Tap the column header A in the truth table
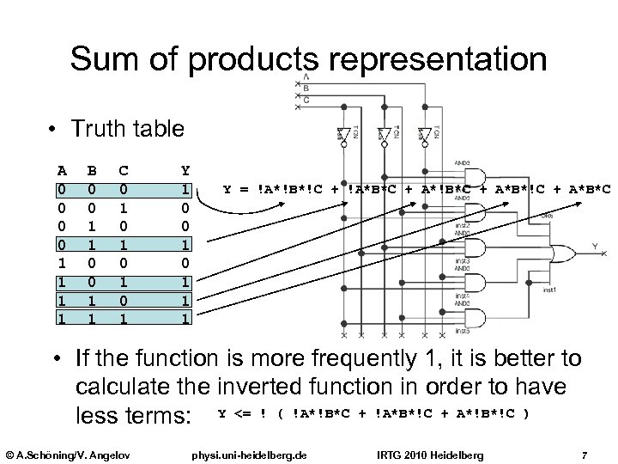pyautogui.click(x=61, y=170)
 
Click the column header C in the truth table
pyautogui.click(x=124, y=170)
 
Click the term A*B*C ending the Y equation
pyautogui.click(x=592, y=189)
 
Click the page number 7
pyautogui.click(x=584, y=453)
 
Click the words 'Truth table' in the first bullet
pyautogui.click(x=127, y=130)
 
